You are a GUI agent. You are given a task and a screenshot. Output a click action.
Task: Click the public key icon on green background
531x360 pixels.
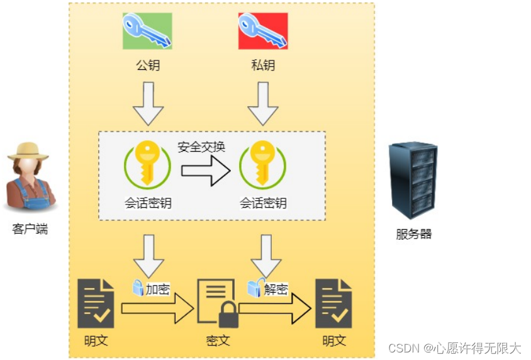(x=147, y=31)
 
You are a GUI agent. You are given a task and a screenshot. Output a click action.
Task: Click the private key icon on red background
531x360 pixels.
(x=263, y=31)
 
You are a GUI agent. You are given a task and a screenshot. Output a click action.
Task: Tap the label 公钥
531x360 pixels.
(x=148, y=65)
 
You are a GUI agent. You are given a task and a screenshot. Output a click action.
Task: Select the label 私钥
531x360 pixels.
(x=263, y=65)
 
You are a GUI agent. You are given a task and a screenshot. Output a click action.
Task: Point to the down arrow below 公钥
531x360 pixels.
(x=148, y=104)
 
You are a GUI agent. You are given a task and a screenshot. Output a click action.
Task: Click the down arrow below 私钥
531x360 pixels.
(x=263, y=104)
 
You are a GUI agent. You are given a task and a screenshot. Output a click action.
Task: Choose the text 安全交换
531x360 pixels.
(x=201, y=147)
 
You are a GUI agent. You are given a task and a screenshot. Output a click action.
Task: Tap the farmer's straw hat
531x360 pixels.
(x=28, y=150)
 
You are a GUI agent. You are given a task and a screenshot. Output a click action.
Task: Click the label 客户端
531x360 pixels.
(x=30, y=229)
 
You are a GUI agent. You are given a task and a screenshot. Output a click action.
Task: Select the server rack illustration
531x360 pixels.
(x=413, y=179)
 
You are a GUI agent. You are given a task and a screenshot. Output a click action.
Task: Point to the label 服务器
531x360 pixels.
(x=413, y=234)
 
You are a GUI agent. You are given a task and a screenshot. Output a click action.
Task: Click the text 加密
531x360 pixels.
(x=158, y=290)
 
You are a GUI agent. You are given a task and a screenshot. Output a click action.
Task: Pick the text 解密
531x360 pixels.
(x=276, y=290)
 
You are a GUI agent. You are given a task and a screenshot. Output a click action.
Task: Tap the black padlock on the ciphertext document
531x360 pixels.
(x=228, y=314)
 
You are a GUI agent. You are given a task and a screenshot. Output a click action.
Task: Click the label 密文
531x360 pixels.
(x=218, y=340)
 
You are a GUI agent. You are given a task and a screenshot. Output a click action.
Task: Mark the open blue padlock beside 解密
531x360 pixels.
(x=254, y=288)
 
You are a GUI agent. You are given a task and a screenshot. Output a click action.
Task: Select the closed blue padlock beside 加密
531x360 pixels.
(x=138, y=288)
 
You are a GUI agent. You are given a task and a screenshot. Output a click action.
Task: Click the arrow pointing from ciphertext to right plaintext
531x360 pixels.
(x=275, y=308)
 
